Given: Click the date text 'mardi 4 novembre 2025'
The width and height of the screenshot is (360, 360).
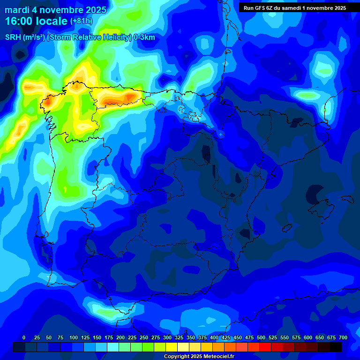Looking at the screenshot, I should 55,10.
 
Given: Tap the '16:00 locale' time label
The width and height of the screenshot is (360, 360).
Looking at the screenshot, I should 36,21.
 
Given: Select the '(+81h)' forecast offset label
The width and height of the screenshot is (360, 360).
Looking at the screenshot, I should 81,21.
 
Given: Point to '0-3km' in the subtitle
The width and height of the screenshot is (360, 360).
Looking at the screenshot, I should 144,37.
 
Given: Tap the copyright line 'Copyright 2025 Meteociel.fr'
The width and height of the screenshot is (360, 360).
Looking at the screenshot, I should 199,357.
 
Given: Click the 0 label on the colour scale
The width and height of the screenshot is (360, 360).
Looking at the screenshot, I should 24,337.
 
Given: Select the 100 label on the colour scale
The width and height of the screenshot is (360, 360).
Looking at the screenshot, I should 74,337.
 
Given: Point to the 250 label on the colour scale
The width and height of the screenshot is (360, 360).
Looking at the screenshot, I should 144,337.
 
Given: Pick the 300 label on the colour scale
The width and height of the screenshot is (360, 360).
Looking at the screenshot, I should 167,337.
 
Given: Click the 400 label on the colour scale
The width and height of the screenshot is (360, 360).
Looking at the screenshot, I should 214,337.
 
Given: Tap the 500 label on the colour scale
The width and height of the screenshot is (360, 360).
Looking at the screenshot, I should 261,337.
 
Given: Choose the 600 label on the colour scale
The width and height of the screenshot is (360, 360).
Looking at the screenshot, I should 308,337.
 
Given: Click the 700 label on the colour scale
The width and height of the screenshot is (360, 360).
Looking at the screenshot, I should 343,337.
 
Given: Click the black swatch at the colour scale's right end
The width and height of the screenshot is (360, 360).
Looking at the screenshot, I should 336,347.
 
